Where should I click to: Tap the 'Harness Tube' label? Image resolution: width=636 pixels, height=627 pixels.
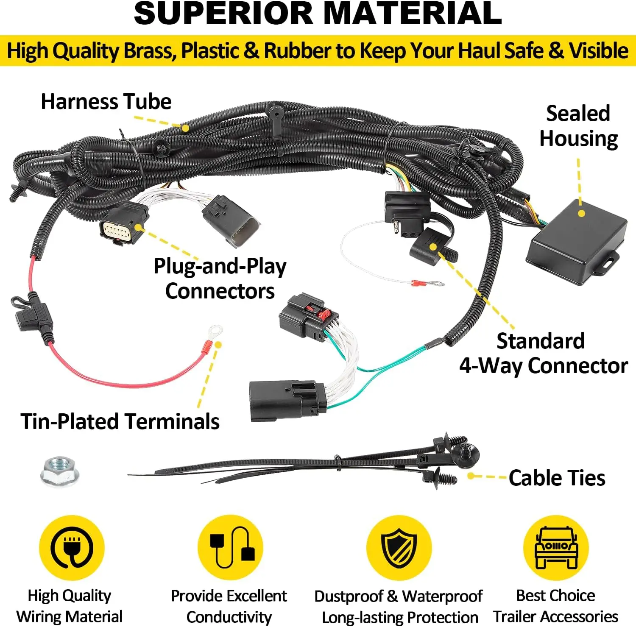coord(106,102)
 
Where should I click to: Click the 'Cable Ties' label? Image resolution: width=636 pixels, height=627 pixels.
coord(557,478)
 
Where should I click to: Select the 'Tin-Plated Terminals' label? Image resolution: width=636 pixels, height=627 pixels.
coord(120,421)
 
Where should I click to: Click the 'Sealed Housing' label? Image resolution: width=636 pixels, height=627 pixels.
coord(578,126)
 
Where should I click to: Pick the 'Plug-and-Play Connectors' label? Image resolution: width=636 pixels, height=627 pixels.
coord(220,279)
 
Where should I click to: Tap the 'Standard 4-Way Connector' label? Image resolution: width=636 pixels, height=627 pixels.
coord(543,353)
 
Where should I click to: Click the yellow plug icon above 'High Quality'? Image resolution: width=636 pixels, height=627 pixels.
coord(72,547)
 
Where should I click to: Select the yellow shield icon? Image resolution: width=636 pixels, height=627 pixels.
coord(399,547)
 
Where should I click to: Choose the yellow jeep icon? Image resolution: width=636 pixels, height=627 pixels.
coord(556,547)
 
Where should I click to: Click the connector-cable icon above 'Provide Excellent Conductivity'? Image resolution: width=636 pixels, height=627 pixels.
coord(230,547)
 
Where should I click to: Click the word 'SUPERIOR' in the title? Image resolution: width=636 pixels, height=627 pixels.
coord(223,14)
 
